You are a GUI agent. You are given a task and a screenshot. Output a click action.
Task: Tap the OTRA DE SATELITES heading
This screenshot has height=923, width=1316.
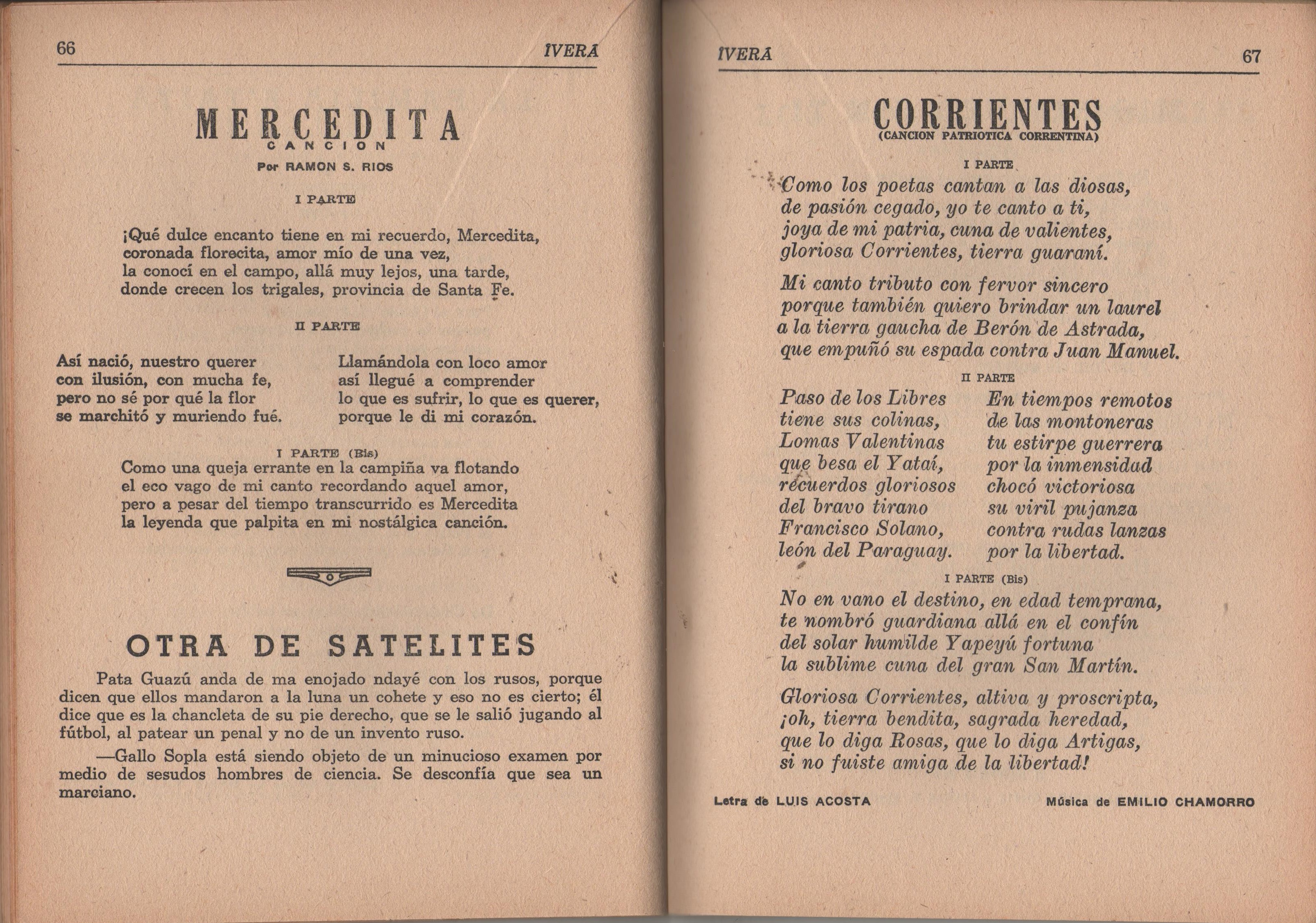(x=330, y=646)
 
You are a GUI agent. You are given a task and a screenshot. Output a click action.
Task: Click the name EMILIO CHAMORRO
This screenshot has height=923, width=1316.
(x=1185, y=802)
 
